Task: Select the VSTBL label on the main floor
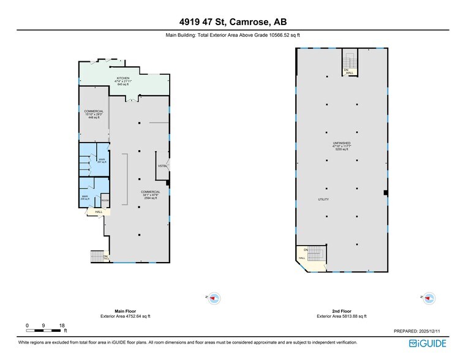(162, 166)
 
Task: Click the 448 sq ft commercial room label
(94, 114)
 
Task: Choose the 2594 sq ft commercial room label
(150, 195)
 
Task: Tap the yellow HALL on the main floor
(97, 211)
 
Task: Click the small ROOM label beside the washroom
(105, 200)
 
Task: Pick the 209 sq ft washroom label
(85, 197)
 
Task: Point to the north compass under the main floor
(214, 299)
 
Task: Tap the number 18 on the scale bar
(61, 325)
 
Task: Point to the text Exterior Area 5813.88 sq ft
(342, 316)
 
